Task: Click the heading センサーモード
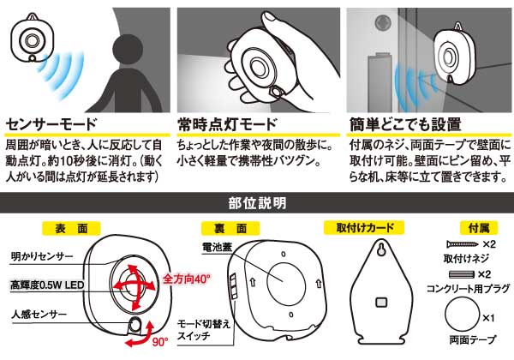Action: pyautogui.click(x=51, y=124)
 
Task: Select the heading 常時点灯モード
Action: pyautogui.click(x=227, y=124)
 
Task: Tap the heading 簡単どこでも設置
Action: pyautogui.click(x=405, y=124)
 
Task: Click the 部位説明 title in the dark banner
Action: pyautogui.click(x=257, y=203)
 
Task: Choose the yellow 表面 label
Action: pyautogui.click(x=71, y=229)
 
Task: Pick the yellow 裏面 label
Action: pyautogui.click(x=230, y=229)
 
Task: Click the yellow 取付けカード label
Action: pyautogui.click(x=364, y=228)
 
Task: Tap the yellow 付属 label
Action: pyautogui.click(x=479, y=228)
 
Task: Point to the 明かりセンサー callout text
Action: pyautogui.click(x=42, y=257)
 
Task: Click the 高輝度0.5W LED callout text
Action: pyautogui.click(x=47, y=285)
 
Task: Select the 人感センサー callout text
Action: pyautogui.click(x=39, y=315)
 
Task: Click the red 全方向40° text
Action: pyautogui.click(x=186, y=279)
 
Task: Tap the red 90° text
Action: pyautogui.click(x=159, y=342)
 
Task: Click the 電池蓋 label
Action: pyautogui.click(x=218, y=247)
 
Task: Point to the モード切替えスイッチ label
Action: pyautogui.click(x=204, y=329)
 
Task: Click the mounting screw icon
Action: pyautogui.click(x=463, y=244)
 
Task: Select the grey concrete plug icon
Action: pyautogui.click(x=462, y=274)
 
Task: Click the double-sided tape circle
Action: pyautogui.click(x=463, y=315)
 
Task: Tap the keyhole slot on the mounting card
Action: pyautogui.click(x=380, y=249)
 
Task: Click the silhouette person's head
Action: pyautogui.click(x=128, y=50)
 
